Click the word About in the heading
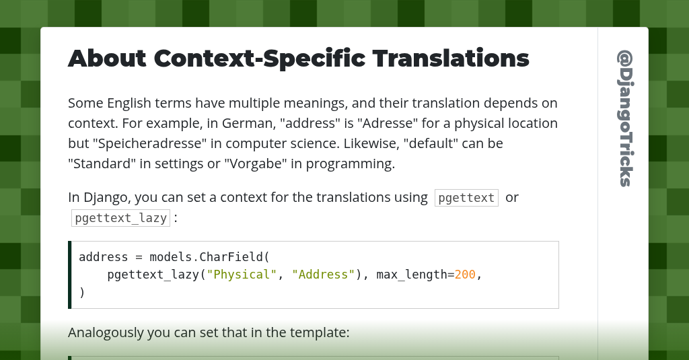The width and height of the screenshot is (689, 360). [107, 59]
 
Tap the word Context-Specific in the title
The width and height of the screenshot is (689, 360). [259, 59]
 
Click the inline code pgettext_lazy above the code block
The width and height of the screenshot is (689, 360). [120, 218]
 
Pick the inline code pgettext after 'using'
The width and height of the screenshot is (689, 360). [466, 198]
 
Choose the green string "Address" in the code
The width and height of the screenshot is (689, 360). [324, 275]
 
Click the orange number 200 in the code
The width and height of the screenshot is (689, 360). [465, 275]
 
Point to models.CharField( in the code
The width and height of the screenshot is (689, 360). [209, 257]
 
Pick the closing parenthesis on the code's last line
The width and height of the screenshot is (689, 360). [82, 292]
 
